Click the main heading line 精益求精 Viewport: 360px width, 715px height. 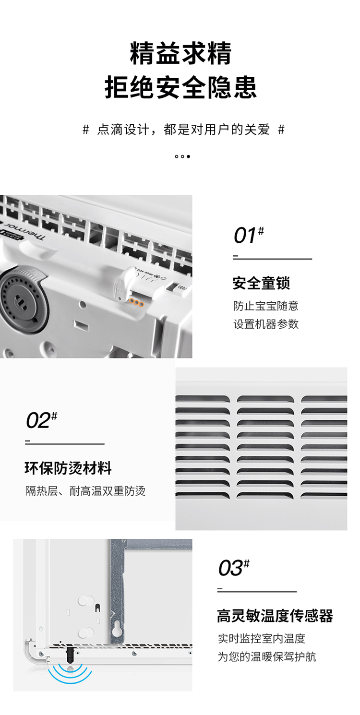(x=180, y=53)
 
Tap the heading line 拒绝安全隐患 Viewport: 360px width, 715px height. (x=180, y=87)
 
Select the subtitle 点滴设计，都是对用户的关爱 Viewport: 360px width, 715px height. (x=183, y=130)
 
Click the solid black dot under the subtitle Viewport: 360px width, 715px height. (x=188, y=156)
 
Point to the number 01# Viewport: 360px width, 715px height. (x=249, y=235)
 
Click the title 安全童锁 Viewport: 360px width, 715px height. (x=261, y=283)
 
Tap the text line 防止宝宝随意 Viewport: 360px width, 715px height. (x=265, y=306)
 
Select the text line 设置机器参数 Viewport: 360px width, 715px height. (x=266, y=324)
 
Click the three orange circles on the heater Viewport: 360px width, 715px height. (x=136, y=302)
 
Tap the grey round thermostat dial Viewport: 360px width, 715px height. (x=20, y=299)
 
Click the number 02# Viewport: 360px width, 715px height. (x=41, y=420)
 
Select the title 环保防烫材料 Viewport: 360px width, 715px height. (x=68, y=468)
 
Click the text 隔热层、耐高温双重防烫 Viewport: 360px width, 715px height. (x=85, y=491)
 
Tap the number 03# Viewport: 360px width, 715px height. (x=234, y=568)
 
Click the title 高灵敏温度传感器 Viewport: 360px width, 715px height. (x=275, y=616)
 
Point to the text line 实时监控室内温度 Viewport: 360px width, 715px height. (x=262, y=639)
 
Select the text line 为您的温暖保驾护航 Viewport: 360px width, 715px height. (x=267, y=657)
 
